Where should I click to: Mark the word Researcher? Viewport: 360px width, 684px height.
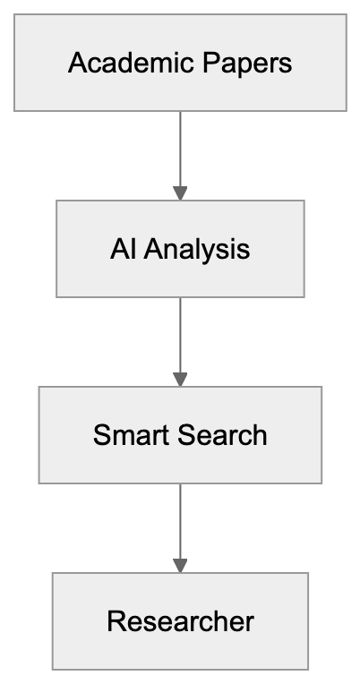[x=180, y=621]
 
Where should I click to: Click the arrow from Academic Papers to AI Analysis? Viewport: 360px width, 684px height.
[x=180, y=148]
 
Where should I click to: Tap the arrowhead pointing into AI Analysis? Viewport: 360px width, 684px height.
[x=180, y=192]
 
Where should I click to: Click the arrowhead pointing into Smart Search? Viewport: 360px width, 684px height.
[x=180, y=379]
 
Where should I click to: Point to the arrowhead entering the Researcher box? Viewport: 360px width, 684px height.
[x=180, y=565]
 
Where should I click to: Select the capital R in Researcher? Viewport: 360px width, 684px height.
[x=115, y=621]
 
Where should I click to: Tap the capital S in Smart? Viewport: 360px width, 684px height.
[x=100, y=435]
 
